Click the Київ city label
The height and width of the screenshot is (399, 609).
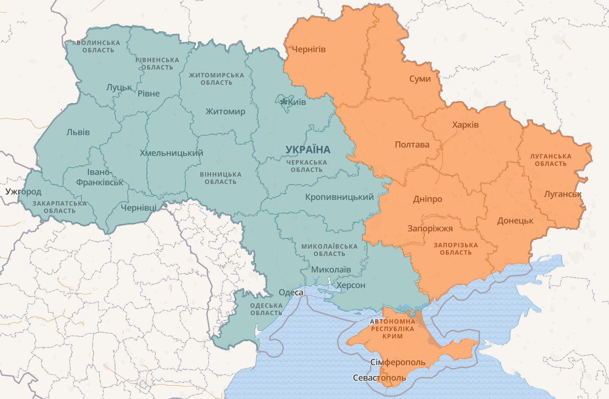click(x=297, y=102)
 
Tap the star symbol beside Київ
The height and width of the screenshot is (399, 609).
click(x=284, y=102)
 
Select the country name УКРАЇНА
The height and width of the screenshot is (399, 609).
click(x=308, y=149)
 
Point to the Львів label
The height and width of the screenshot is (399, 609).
click(x=78, y=132)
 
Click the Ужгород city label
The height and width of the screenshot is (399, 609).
click(x=24, y=191)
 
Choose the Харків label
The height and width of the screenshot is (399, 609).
click(x=465, y=125)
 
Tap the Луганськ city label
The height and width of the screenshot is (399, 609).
click(x=562, y=194)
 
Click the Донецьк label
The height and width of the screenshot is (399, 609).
click(x=515, y=221)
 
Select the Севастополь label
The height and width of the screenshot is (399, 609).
click(x=380, y=377)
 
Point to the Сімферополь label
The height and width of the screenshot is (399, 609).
click(x=398, y=362)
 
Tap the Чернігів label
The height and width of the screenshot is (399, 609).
click(x=309, y=50)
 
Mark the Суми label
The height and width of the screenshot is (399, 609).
click(x=420, y=79)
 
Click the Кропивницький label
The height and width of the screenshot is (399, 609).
click(x=339, y=197)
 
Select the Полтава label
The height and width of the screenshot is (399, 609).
click(x=412, y=145)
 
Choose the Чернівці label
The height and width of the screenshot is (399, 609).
click(x=139, y=208)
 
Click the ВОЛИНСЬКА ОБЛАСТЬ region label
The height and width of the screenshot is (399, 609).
click(x=98, y=47)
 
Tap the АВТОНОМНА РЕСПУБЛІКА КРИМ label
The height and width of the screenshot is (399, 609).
click(x=393, y=328)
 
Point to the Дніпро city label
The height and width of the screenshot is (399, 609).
click(x=427, y=199)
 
